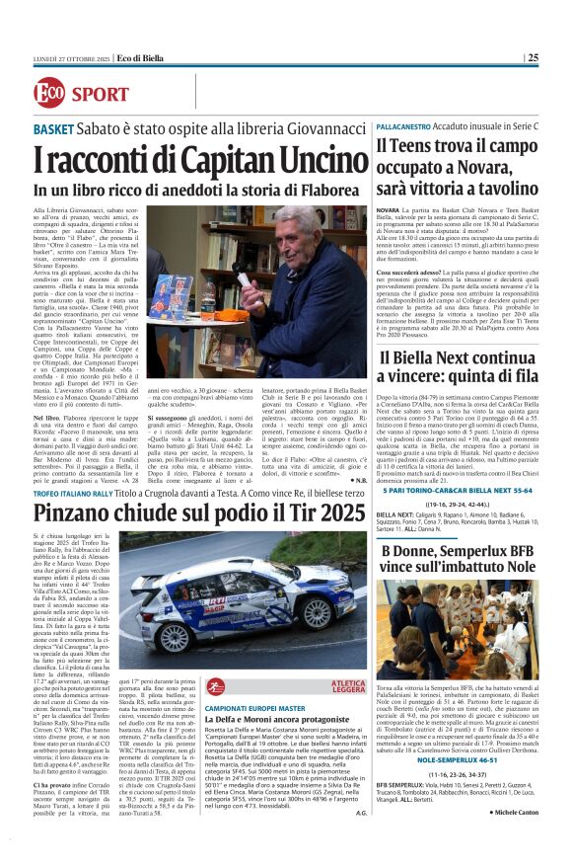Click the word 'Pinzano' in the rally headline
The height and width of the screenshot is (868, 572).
tap(78, 512)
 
